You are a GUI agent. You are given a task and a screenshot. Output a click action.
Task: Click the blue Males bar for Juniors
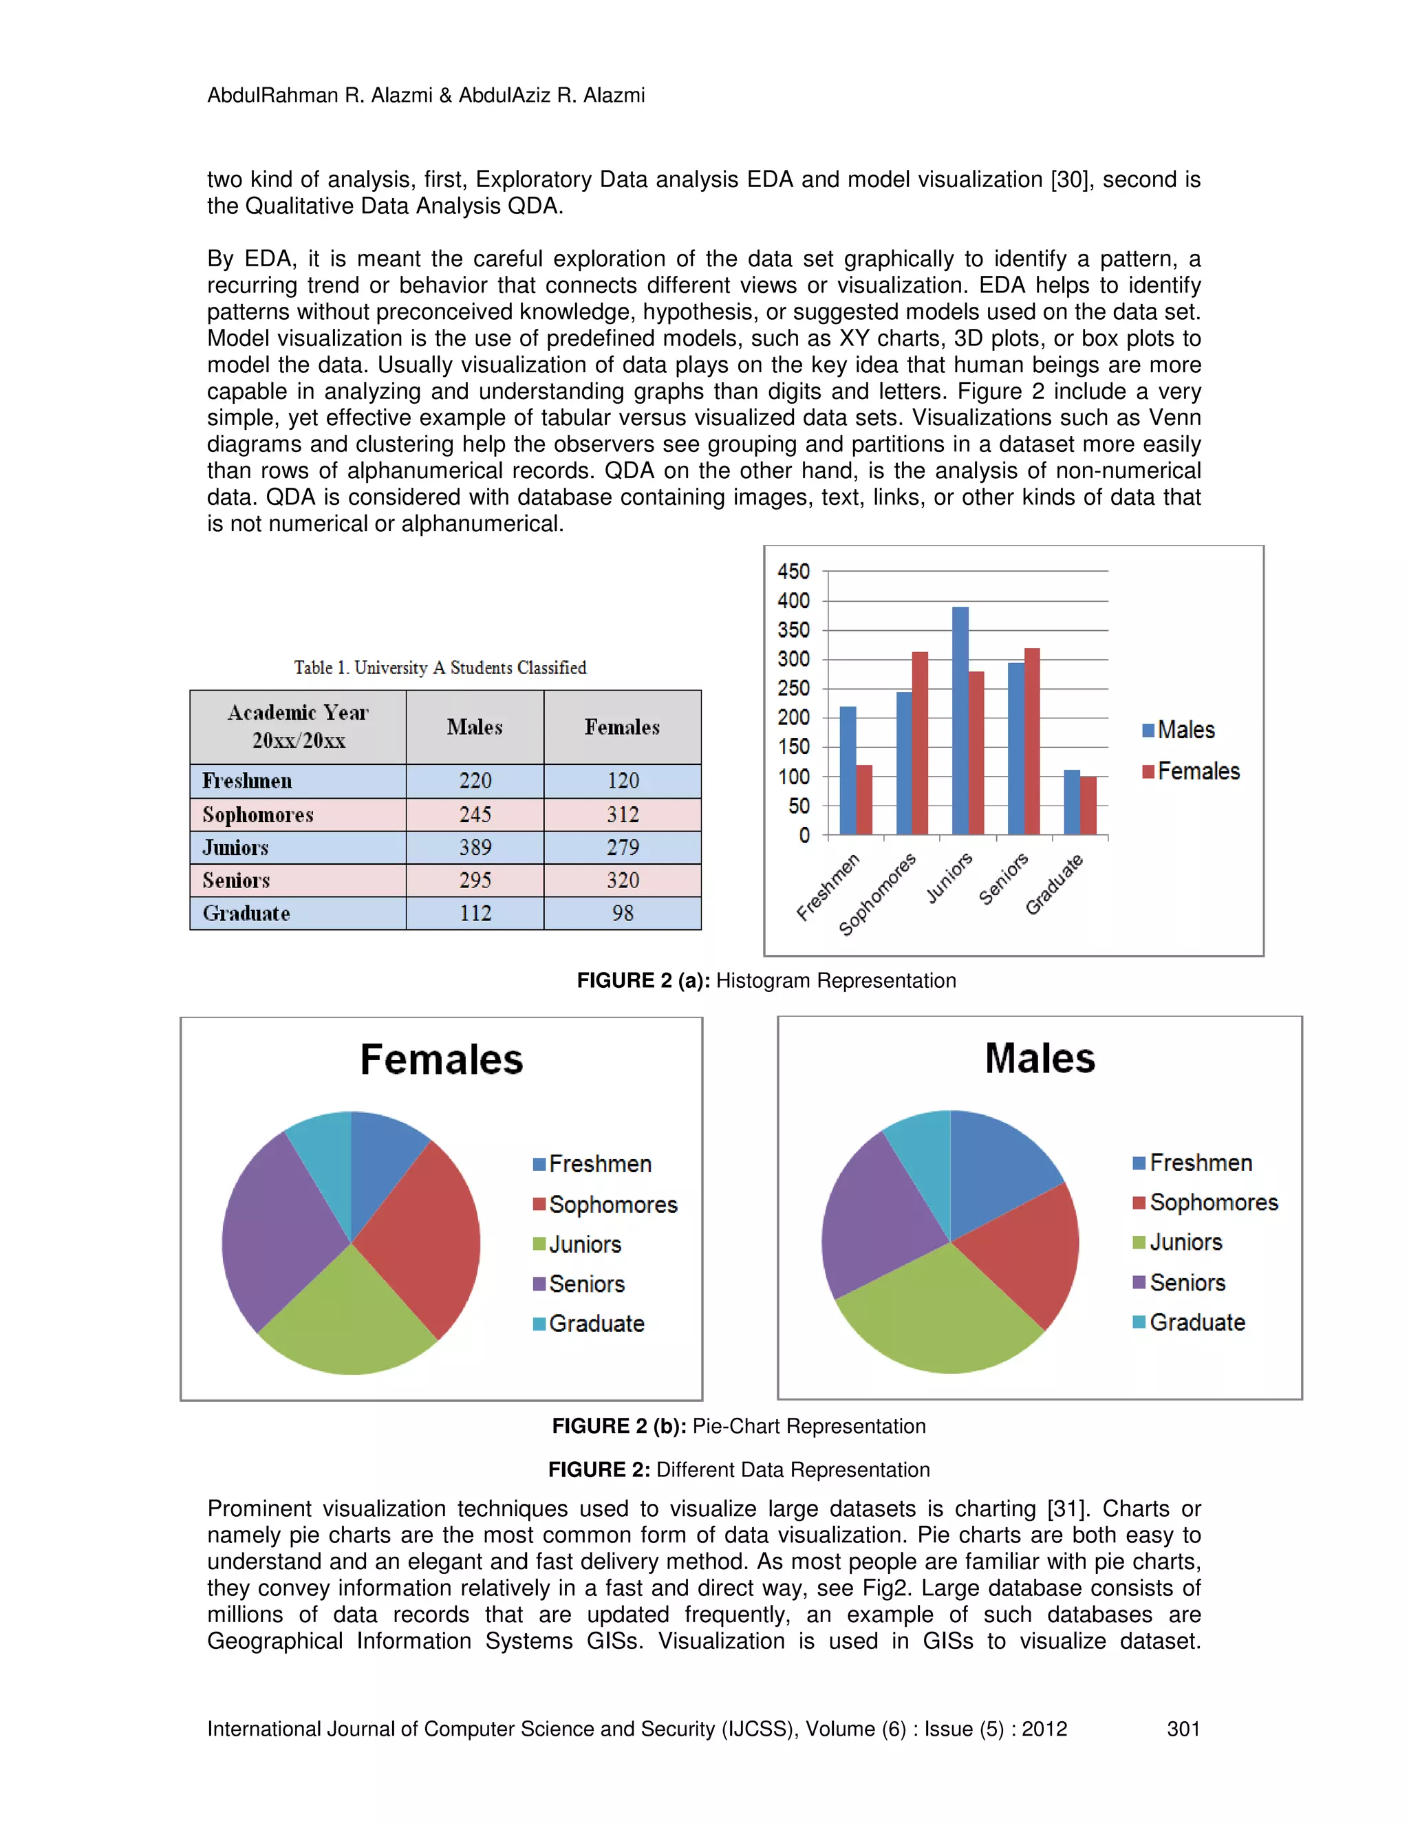pos(960,722)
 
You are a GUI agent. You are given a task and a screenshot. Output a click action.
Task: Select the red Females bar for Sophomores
pos(920,743)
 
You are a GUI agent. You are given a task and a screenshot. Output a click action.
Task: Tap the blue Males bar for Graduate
pos(1072,802)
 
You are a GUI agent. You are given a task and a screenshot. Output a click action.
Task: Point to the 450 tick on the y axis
pos(794,572)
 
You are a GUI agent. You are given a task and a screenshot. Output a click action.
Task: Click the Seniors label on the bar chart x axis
pos(1004,880)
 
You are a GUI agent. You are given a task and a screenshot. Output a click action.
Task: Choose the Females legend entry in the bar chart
pos(1191,771)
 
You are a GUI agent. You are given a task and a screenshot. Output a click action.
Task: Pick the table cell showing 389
pos(475,848)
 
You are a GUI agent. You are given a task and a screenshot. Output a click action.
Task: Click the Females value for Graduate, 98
pos(623,913)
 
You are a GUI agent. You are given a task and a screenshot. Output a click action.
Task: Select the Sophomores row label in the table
pos(258,815)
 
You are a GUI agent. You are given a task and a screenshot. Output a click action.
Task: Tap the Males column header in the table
pos(475,727)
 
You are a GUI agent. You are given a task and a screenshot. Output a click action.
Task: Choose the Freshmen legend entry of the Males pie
pos(1193,1163)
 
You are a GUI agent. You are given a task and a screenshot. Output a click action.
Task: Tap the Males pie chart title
pos(1040,1059)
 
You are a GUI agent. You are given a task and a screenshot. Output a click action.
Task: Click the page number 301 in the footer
pos(1183,1728)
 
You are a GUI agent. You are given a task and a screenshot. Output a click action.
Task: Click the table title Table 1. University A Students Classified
pos(440,668)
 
